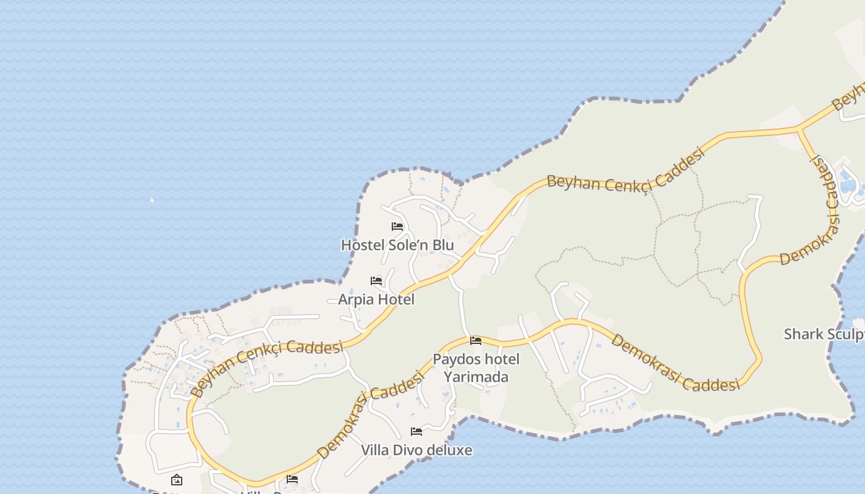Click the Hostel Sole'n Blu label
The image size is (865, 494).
point(397,245)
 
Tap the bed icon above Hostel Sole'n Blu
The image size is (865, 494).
point(397,227)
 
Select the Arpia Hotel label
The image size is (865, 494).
point(376,299)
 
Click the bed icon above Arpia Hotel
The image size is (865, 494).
point(376,281)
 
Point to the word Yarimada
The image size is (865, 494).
point(476,377)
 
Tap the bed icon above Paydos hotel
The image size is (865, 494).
point(476,340)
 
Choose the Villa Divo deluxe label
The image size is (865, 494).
point(416,450)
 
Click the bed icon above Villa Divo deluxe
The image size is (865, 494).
point(416,431)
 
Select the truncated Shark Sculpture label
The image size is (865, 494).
point(824,334)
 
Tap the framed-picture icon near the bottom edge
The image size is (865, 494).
point(177,479)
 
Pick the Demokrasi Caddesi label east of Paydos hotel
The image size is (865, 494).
point(675,363)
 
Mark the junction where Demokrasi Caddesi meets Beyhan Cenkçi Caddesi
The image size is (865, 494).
point(798,129)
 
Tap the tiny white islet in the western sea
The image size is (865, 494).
point(152,199)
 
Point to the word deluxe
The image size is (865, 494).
point(450,450)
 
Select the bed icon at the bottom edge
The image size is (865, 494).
point(292,479)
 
